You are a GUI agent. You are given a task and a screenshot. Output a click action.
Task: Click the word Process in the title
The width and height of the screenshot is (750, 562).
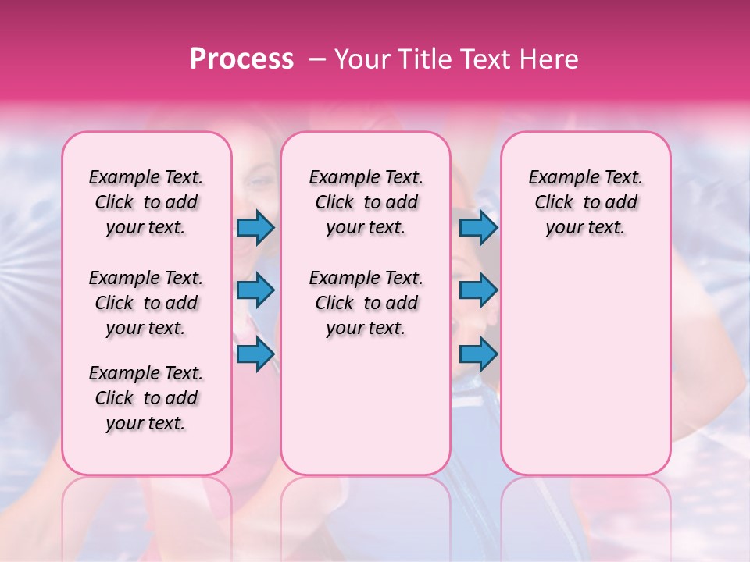pos(241,59)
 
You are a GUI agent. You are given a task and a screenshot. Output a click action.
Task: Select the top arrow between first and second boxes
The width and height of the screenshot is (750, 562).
pos(255,227)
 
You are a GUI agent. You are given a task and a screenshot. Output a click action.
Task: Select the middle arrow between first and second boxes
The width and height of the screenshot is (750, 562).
pos(255,291)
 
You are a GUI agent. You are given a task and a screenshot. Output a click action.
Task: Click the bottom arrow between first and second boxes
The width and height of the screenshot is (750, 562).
pos(255,354)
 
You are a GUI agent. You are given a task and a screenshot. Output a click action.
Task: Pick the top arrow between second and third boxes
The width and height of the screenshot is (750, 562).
pos(478,227)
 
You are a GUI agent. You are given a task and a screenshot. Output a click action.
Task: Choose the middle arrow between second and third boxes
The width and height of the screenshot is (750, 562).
pos(478,291)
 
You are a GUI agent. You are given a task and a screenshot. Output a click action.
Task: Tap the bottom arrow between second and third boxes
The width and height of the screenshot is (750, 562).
pos(478,354)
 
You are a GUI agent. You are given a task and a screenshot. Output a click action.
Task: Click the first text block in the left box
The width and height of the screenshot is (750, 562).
pos(146,202)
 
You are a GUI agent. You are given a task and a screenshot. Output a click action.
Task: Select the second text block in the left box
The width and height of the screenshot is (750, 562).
pos(146,303)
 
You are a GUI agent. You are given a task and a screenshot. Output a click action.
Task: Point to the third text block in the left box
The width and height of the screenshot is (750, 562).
pos(146,398)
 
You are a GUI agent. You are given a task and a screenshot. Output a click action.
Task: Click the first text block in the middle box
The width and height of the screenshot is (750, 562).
pos(366,202)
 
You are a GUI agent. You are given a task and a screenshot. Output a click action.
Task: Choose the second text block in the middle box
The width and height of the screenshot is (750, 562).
pos(366,303)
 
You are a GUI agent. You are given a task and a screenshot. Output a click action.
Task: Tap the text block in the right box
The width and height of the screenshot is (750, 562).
pos(586,202)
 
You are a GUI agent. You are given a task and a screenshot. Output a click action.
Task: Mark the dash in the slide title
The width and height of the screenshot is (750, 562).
pos(316,60)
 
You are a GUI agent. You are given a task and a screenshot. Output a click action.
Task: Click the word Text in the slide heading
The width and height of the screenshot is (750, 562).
pos(486,59)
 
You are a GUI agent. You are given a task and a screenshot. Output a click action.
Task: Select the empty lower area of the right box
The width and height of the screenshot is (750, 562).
pos(586,367)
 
